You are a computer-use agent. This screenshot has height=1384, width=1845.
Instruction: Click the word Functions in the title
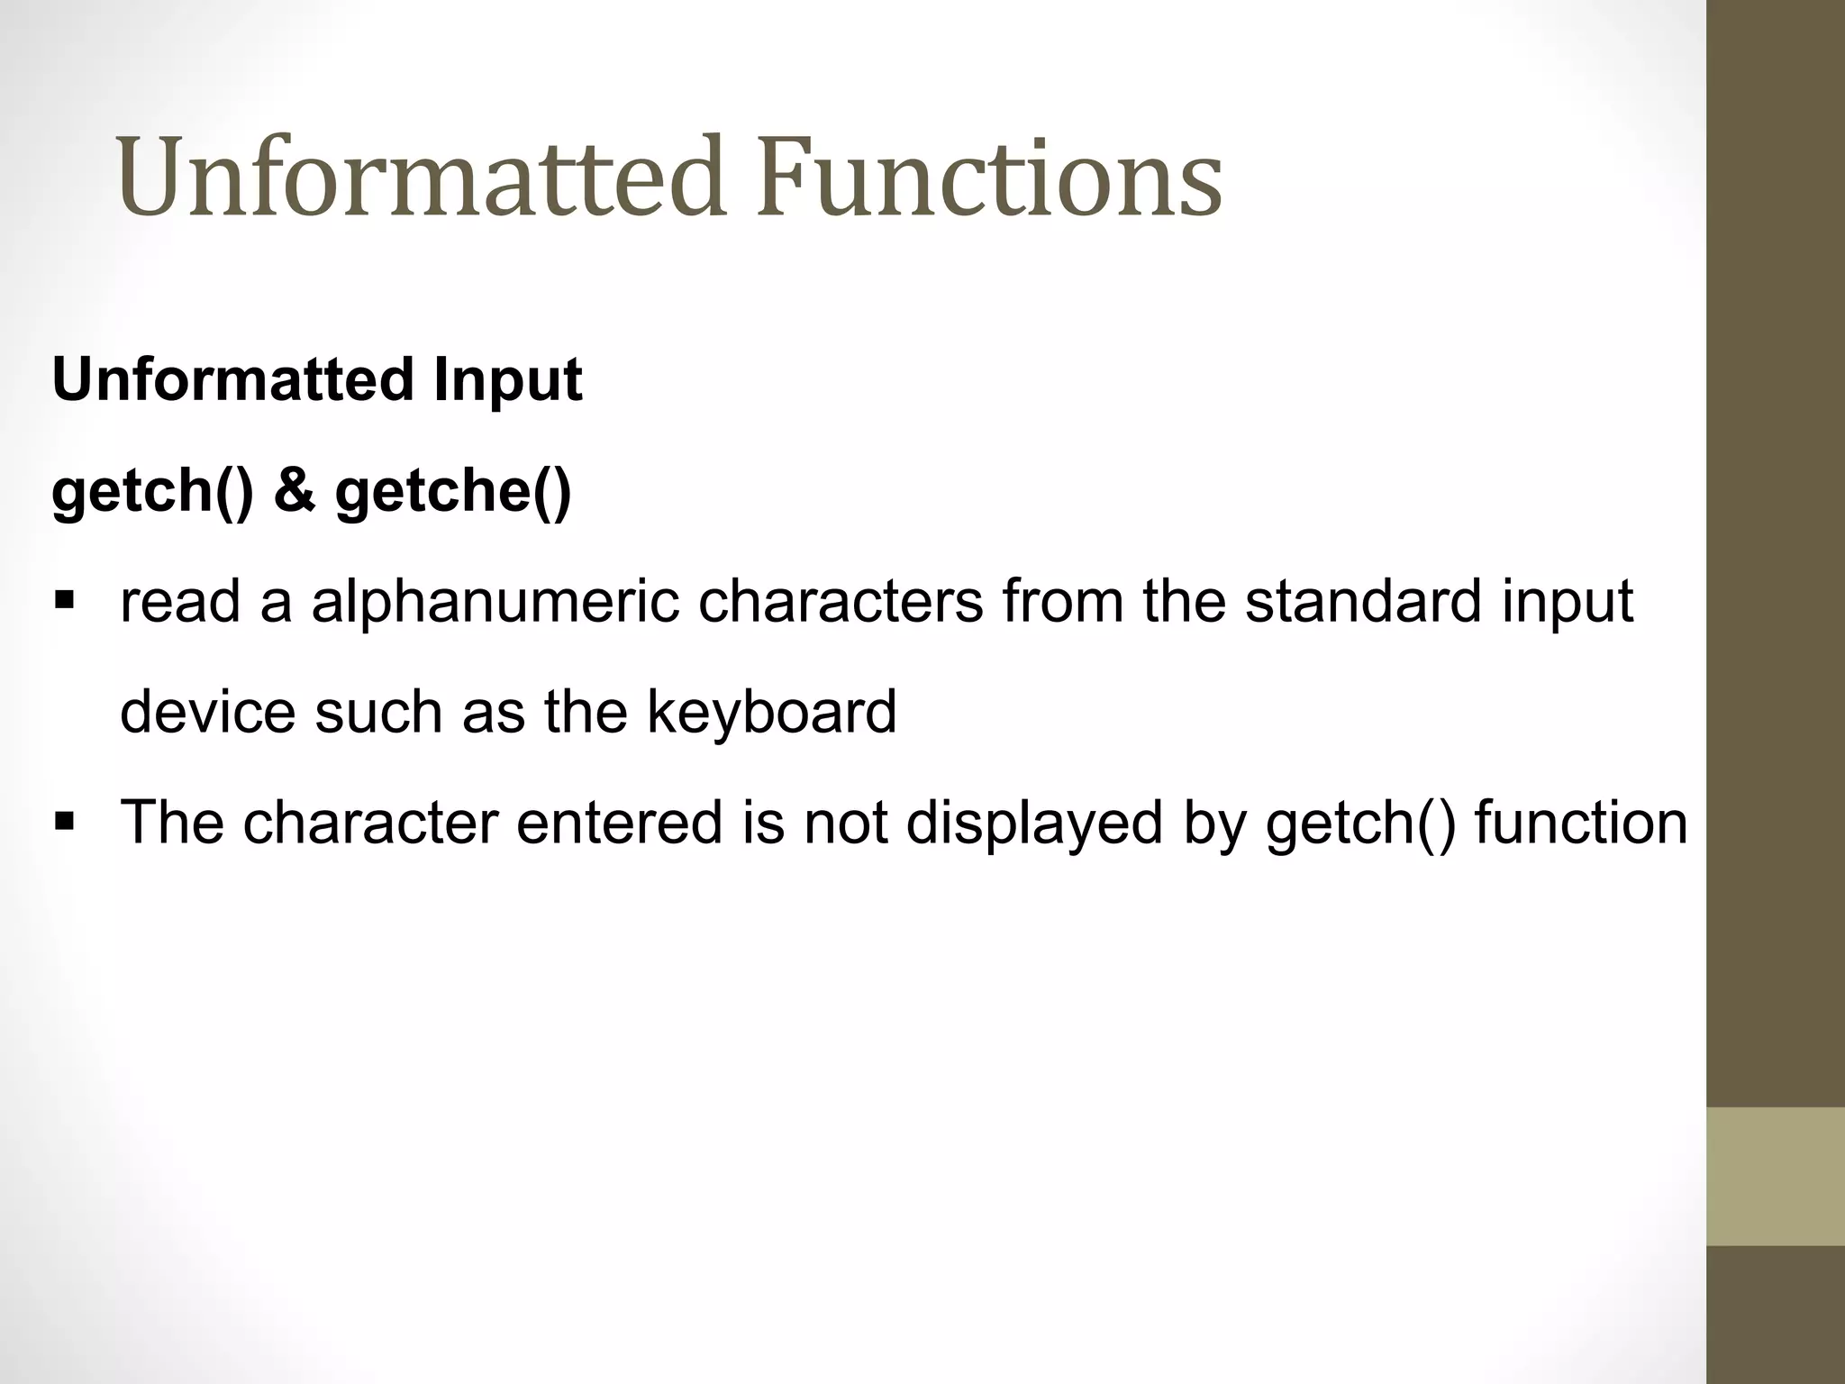989,177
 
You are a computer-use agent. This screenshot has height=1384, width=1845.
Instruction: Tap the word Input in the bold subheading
507,379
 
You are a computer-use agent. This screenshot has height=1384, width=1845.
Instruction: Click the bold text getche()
453,491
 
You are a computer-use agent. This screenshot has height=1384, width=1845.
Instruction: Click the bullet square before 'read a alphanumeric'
64,599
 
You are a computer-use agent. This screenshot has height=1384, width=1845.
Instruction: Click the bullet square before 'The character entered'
64,821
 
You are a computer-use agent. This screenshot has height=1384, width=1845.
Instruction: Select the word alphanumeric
495,602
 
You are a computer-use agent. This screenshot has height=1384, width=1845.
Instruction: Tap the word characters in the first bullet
841,602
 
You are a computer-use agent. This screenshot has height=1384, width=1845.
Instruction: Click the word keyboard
771,712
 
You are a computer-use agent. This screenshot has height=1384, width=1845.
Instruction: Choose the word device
207,712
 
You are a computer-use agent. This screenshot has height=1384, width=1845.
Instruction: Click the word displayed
1033,823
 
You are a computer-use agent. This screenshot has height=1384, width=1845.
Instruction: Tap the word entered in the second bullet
619,823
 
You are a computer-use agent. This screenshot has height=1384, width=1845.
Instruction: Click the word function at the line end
1581,823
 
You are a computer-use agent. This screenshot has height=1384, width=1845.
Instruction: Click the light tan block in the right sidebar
1776,1176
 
